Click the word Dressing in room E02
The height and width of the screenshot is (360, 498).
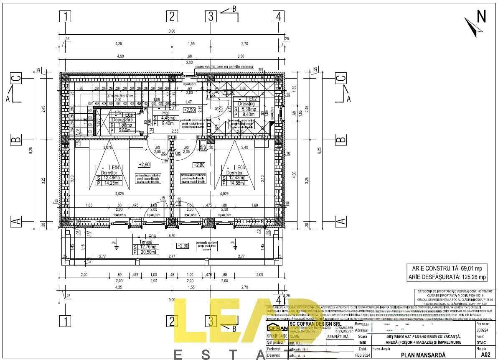click(246, 104)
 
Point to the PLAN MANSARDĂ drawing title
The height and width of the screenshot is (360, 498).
click(423, 355)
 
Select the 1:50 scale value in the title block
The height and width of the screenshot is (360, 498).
click(362, 342)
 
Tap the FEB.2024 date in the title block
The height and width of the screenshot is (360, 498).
click(362, 355)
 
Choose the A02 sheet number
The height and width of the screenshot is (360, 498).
click(485, 355)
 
